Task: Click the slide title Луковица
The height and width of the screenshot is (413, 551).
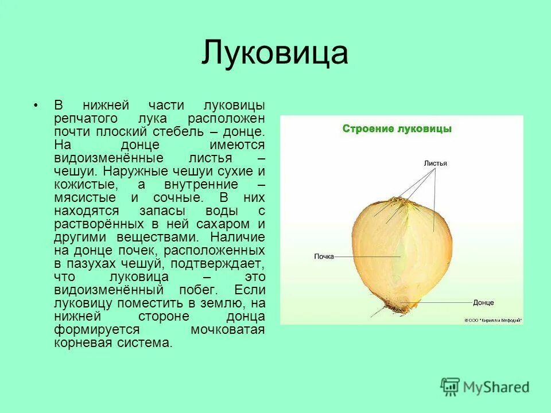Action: click(x=274, y=53)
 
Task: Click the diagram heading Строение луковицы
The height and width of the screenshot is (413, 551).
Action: click(x=397, y=128)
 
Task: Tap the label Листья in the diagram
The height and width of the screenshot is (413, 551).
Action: click(x=435, y=163)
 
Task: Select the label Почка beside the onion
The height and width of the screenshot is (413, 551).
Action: click(x=324, y=256)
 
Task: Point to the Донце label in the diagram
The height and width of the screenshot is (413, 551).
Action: click(x=483, y=302)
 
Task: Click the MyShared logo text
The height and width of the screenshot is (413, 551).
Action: click(x=496, y=387)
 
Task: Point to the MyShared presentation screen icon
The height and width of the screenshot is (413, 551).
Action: click(x=451, y=387)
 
